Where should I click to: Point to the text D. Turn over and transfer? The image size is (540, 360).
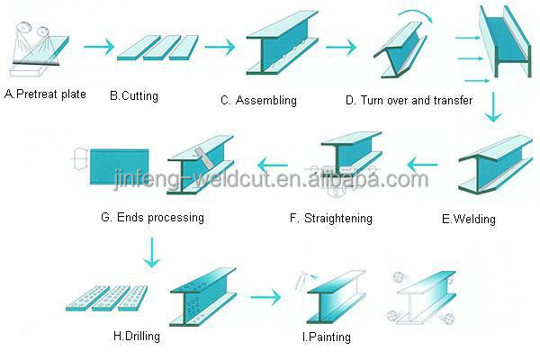pyautogui.click(x=409, y=100)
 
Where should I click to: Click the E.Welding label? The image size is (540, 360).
pyautogui.click(x=469, y=219)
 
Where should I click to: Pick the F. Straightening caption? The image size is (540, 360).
pyautogui.click(x=331, y=218)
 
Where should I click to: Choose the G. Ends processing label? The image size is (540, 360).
pyautogui.click(x=153, y=217)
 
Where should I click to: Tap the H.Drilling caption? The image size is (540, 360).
pyautogui.click(x=138, y=337)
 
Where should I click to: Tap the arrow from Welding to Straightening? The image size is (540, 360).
pyautogui.click(x=424, y=163)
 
